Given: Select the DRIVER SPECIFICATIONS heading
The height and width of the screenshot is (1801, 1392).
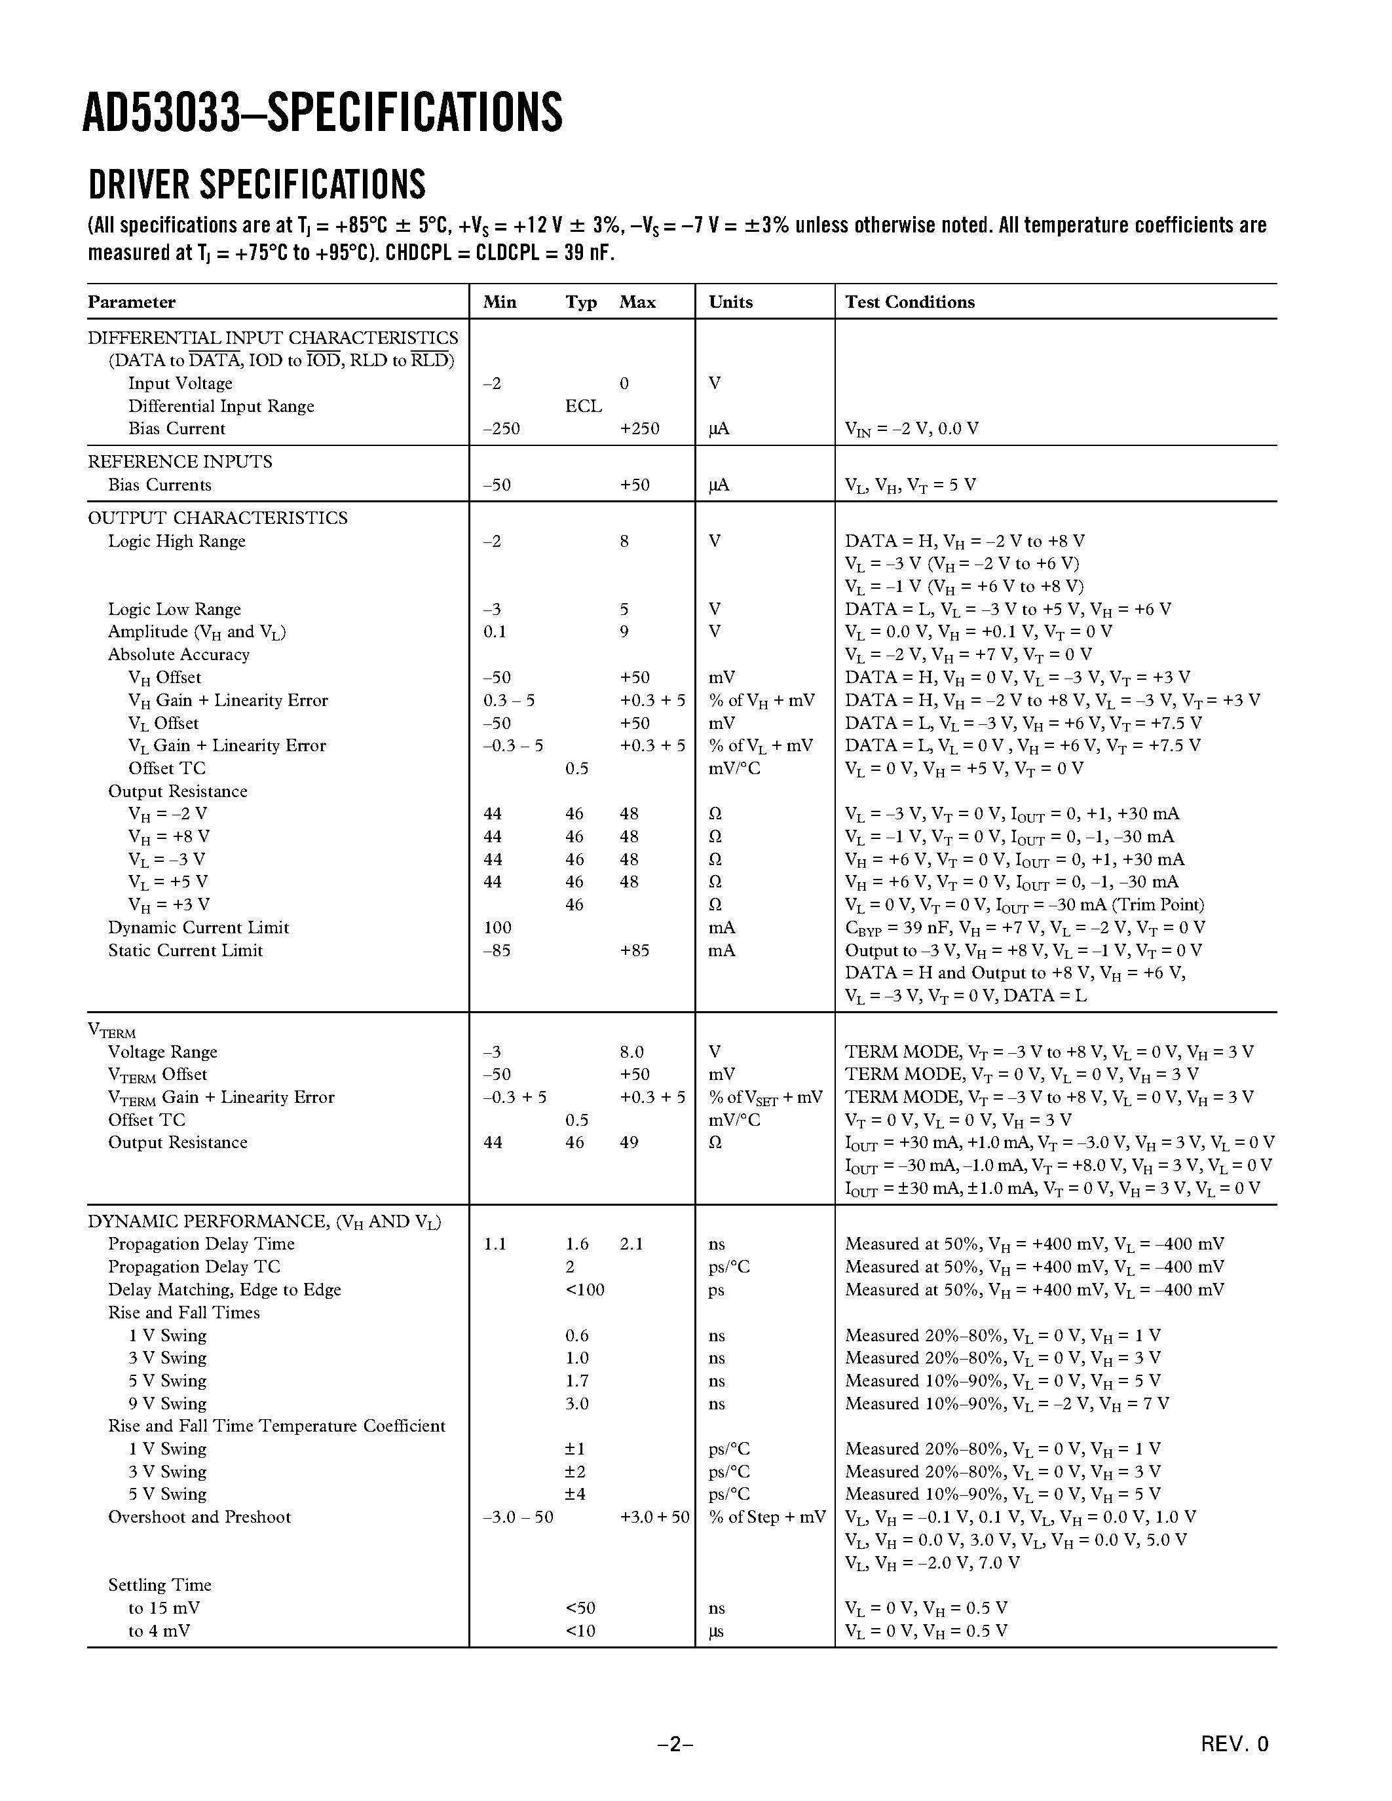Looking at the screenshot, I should pos(257,185).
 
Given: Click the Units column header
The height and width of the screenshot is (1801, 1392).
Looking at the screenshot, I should pos(730,302).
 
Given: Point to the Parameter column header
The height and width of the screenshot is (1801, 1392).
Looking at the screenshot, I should pos(132,302).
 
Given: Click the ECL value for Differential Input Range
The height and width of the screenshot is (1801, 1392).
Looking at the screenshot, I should pos(583,406).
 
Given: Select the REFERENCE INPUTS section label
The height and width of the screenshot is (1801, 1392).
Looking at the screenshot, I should pos(179,462).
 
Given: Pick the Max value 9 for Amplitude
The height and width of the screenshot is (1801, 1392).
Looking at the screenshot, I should pos(624,632).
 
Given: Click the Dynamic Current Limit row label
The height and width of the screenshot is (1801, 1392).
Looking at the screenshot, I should pos(198,927).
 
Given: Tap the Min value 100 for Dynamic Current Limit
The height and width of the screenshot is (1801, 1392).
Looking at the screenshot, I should pos(497,927).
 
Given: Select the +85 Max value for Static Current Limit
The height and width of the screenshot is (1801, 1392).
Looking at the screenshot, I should pos(634,950).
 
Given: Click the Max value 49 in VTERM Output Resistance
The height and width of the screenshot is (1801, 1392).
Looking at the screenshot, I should pos(630,1142).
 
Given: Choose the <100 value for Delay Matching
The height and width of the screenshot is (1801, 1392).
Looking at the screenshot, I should pos(585,1290).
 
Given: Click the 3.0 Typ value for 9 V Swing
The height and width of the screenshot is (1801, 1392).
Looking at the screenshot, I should pos(576,1403).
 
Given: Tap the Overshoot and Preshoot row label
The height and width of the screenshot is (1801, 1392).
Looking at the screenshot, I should pos(200,1517).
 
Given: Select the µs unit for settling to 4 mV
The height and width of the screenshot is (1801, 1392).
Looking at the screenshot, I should pos(716,1630).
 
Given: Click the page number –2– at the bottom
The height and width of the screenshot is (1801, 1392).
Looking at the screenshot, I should pos(675,1743).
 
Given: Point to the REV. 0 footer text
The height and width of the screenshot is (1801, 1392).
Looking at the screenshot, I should pos(1235,1743).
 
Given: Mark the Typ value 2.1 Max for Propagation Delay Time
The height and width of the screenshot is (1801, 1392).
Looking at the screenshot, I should pos(631,1244).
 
